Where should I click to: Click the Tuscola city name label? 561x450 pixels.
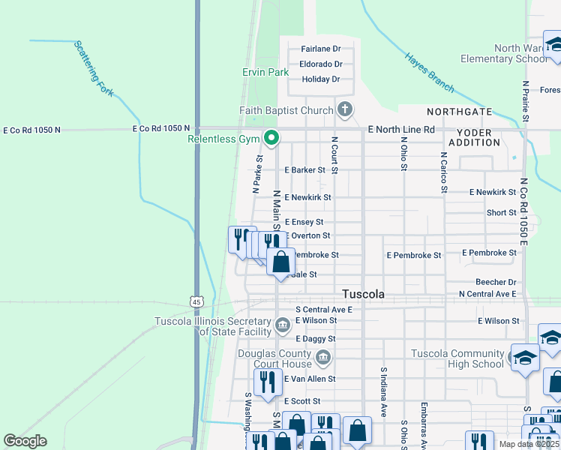click(364, 295)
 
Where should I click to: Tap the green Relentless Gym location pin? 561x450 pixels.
click(271, 138)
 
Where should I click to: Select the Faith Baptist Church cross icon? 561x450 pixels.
click(344, 111)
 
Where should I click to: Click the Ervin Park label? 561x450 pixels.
click(265, 73)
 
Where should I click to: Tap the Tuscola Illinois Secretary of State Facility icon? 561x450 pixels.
click(283, 325)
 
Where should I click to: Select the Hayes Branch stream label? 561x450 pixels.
click(429, 73)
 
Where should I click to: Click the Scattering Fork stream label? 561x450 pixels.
click(94, 68)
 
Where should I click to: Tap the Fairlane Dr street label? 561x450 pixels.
click(320, 49)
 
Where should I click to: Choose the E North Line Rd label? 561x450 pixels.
click(402, 130)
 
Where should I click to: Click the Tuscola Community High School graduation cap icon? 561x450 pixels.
click(524, 357)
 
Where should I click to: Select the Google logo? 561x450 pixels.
click(25, 441)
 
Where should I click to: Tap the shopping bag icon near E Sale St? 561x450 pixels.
click(280, 262)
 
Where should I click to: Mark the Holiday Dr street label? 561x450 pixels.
click(320, 79)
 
